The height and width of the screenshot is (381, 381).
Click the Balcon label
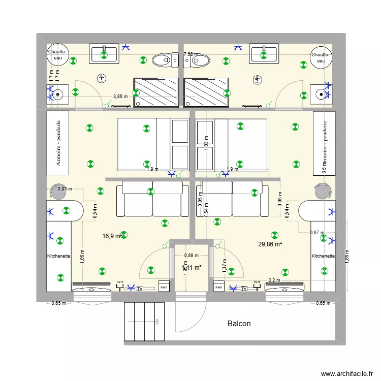coord(239,323)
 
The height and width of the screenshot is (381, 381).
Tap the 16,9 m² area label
coord(112,236)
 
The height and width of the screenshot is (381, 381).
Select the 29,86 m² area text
coord(270,244)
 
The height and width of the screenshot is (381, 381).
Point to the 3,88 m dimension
coord(120,96)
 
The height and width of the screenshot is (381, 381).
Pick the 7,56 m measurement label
coord(190,54)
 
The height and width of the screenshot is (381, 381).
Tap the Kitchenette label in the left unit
coord(59,256)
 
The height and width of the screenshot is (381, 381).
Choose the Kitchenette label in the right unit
coord(323,256)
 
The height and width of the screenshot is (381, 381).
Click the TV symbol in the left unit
coord(140,288)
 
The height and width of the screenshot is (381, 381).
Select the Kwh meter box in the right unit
coord(219,288)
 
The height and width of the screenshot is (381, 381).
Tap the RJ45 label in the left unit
coord(120,282)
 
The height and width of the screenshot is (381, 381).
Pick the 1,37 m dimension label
coord(224,264)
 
